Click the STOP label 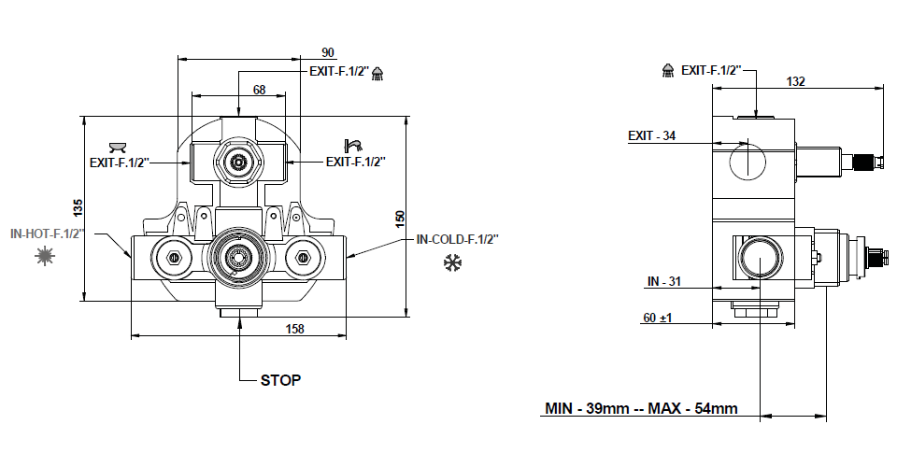point(281,381)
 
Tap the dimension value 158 point(293,329)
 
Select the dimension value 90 point(327,52)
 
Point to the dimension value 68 point(259,90)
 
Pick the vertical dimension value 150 point(400,218)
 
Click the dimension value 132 point(795,82)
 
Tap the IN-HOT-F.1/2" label point(48,233)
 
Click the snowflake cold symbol point(453,264)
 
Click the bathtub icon point(118,146)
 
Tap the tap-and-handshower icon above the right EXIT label point(353,145)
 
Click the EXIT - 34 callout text point(651,136)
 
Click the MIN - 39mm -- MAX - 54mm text point(641,409)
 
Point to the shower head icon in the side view point(669,70)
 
